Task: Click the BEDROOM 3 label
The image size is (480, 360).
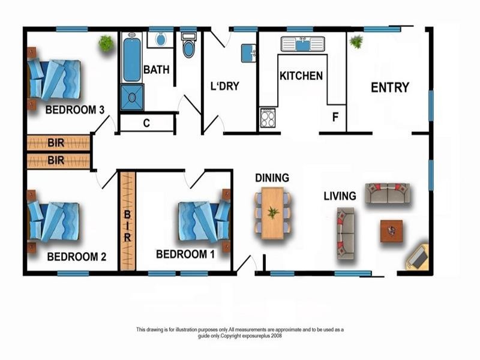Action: point(75,110)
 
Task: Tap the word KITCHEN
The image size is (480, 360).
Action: point(301,76)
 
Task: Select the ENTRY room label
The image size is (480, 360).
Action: point(389,88)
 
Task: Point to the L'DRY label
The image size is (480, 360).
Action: point(224,86)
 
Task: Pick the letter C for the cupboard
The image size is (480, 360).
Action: point(146,124)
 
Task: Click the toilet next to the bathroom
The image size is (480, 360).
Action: point(188,46)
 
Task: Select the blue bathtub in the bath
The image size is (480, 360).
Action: point(131,59)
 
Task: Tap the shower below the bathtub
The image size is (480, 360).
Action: point(132,97)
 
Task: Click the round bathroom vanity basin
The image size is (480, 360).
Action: point(161,39)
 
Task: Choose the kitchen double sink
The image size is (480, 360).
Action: point(302,44)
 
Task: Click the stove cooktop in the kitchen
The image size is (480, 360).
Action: point(268,118)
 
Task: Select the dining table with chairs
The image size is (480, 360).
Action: point(272,212)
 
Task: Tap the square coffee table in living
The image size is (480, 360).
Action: point(391,230)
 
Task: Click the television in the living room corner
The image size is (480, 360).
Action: point(418,257)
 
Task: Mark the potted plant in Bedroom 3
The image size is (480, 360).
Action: point(106,43)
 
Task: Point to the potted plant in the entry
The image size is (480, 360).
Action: point(356,42)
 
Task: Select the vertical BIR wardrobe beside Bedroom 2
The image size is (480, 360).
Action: point(127,220)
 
